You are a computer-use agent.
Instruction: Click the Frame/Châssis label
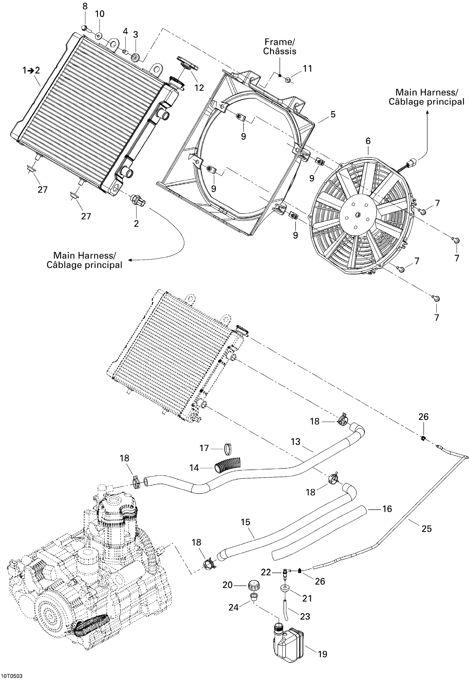pos(279,47)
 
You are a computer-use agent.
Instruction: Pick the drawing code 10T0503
pos(12,675)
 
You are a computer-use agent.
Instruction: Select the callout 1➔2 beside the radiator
pos(31,70)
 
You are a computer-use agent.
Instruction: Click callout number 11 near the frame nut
pos(307,69)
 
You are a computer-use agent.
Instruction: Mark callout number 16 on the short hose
pos(387,509)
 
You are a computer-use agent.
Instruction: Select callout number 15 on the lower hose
pos(245,522)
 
